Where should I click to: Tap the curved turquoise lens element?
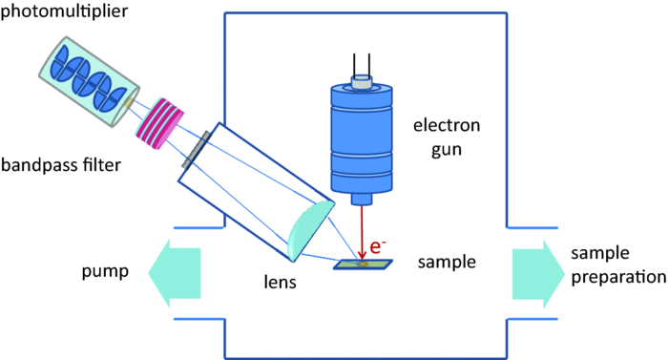(x=311, y=232)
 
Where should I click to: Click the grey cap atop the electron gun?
(x=360, y=83)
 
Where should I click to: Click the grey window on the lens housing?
(x=201, y=147)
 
